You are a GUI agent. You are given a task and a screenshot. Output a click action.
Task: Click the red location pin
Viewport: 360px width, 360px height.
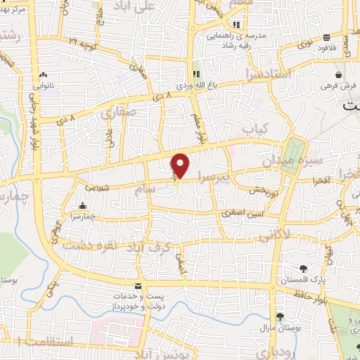pyautogui.click(x=181, y=166)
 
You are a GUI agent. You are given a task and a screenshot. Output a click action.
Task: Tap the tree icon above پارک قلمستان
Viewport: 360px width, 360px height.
pyautogui.click(x=304, y=268)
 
